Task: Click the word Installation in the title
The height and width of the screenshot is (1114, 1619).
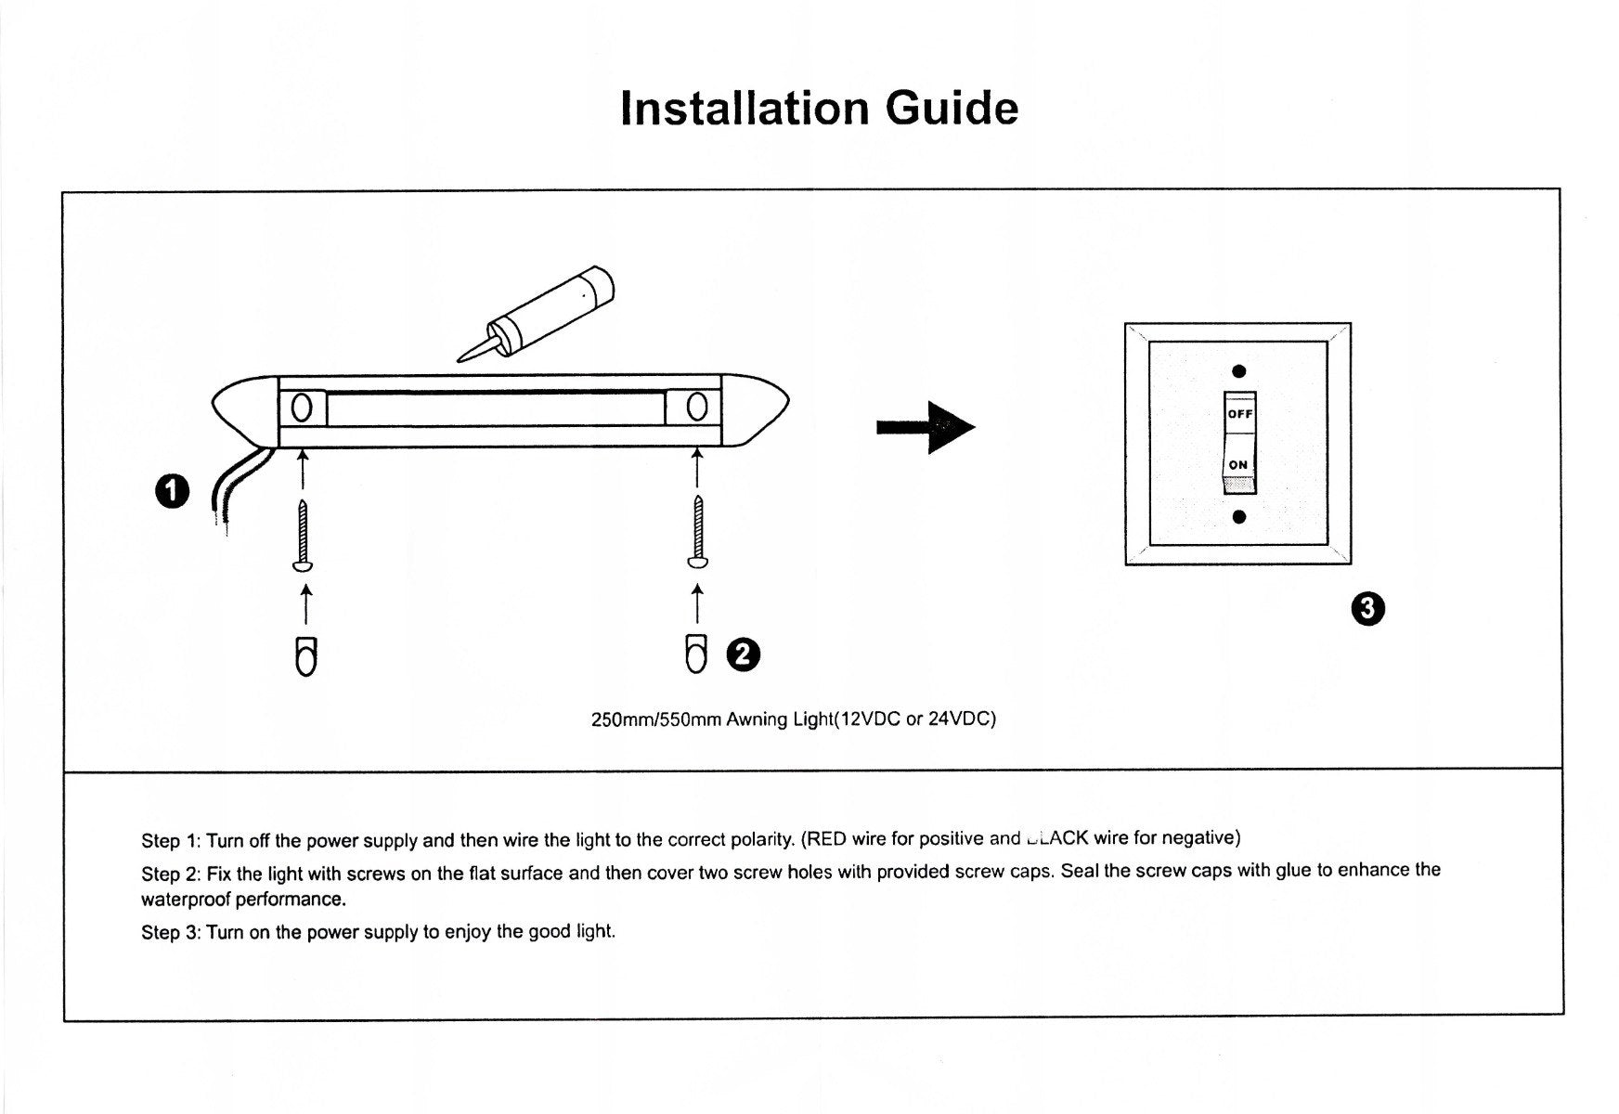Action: coord(745,109)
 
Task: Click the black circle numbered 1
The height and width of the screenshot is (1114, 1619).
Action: coord(172,491)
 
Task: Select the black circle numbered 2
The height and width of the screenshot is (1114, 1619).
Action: coord(745,654)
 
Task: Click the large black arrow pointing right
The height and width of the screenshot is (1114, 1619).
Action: coord(925,427)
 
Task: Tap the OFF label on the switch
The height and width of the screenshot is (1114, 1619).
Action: coord(1239,414)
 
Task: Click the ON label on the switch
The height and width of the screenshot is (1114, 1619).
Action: coord(1238,465)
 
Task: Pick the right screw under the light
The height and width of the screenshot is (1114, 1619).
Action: coord(698,531)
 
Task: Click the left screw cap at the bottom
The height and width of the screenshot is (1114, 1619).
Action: coord(305,656)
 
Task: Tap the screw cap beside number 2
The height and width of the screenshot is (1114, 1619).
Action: coord(696,653)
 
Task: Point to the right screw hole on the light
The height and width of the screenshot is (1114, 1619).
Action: coord(697,407)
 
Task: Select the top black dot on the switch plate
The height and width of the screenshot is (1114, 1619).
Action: coord(1238,372)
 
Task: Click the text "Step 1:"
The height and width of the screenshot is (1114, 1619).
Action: coord(171,841)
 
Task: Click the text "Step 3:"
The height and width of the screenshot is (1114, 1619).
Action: coord(171,932)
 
